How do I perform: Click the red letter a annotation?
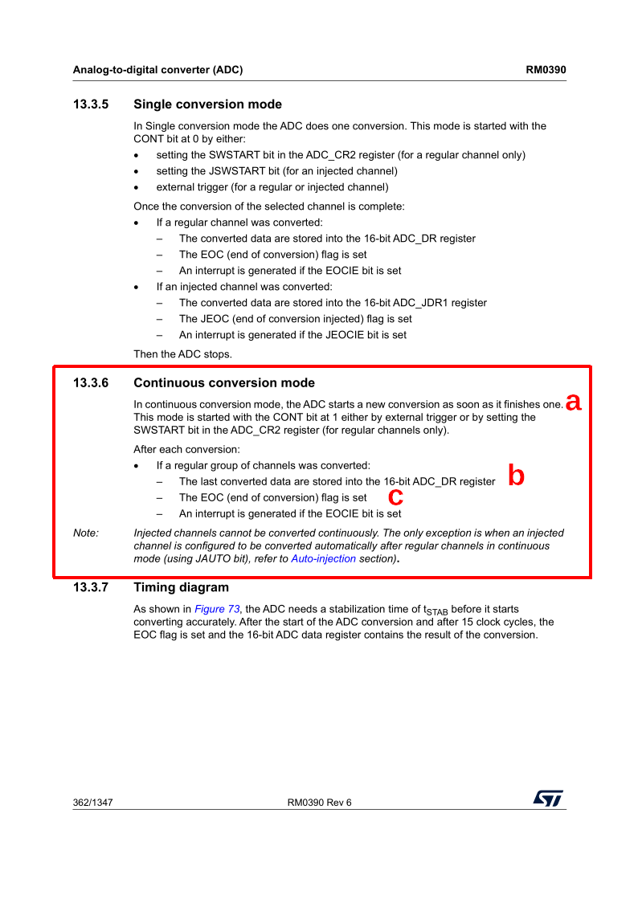(573, 402)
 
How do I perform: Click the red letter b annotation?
(517, 476)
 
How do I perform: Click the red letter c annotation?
(395, 496)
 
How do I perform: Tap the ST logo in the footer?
(548, 798)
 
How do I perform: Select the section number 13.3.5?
(91, 104)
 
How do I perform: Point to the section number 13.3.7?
(91, 587)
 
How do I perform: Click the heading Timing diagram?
(181, 587)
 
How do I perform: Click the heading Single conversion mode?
(207, 104)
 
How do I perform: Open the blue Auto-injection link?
(323, 558)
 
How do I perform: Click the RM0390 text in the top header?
(546, 70)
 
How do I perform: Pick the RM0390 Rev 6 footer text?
(319, 803)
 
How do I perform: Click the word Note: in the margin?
(86, 533)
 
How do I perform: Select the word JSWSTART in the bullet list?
(235, 171)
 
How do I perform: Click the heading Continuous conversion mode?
(224, 383)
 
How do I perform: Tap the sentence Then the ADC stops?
(182, 354)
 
